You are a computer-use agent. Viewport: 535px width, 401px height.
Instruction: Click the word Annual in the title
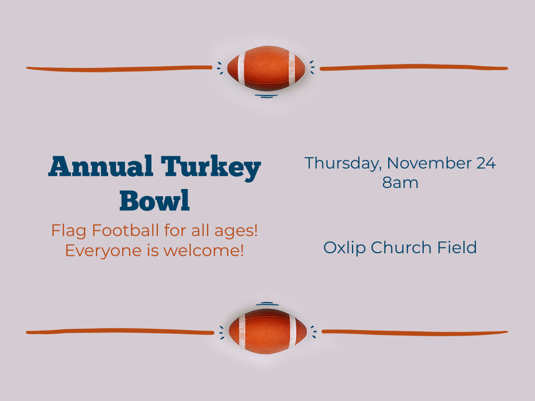coord(101,166)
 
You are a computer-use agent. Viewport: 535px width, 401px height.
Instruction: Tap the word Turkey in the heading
coord(211,168)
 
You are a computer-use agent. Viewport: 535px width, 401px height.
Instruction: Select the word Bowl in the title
coord(155,200)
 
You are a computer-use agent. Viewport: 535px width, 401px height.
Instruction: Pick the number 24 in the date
coord(486,163)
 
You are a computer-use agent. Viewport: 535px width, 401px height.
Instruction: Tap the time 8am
coord(400,183)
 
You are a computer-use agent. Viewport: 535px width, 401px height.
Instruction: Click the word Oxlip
coord(344,248)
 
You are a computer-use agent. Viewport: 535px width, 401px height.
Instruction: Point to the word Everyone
coord(103,251)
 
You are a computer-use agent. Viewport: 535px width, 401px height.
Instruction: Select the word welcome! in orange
coord(204,250)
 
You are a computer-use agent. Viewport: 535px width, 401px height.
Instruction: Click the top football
coord(266,68)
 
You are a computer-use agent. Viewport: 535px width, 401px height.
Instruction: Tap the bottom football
coord(268,331)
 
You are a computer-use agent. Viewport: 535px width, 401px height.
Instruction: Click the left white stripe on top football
coord(241,68)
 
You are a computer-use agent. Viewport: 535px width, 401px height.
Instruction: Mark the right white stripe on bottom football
coord(293,331)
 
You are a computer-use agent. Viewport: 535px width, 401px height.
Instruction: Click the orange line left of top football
coord(119,69)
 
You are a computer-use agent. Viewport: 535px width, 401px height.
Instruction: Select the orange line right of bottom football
coord(414,333)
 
